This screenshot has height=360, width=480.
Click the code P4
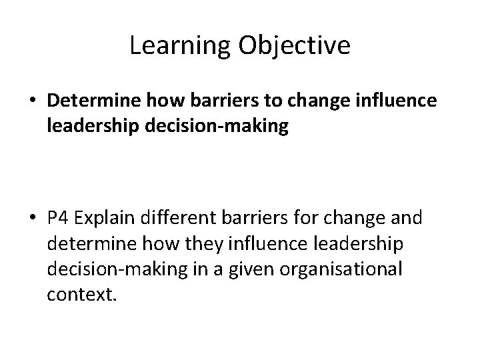point(59,217)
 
